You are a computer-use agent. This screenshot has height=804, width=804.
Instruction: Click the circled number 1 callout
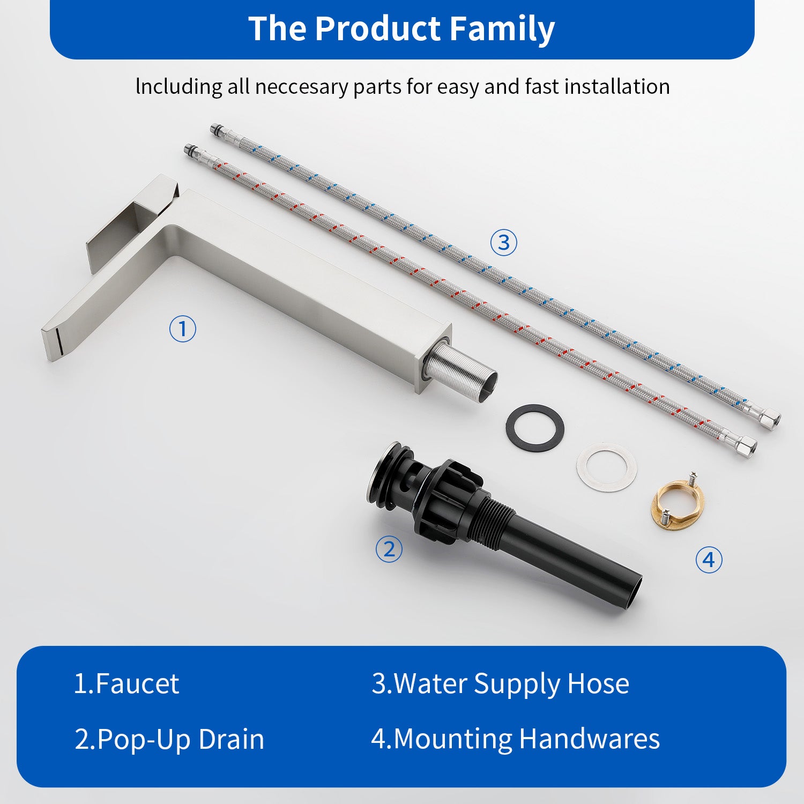[182, 329]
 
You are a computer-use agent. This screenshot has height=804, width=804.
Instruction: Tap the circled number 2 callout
[389, 549]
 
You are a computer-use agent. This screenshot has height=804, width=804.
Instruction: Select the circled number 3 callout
[504, 242]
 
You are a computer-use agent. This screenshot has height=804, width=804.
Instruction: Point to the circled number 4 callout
[709, 560]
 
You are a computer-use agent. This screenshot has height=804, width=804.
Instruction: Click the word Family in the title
[502, 29]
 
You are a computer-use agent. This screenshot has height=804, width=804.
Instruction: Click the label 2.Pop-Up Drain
[169, 740]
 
